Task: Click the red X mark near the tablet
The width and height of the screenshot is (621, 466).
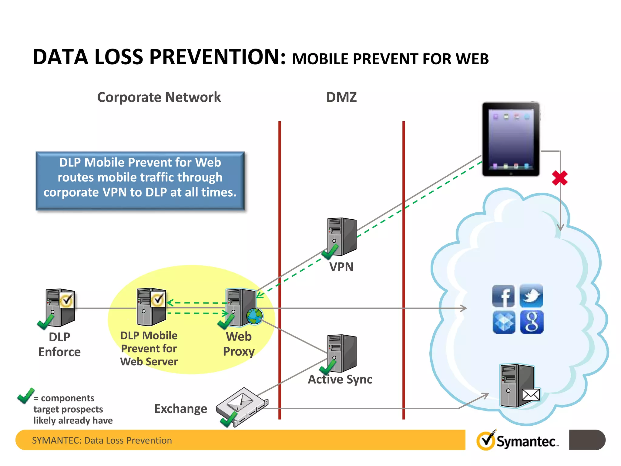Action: click(560, 178)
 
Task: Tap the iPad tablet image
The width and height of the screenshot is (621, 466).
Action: click(511, 139)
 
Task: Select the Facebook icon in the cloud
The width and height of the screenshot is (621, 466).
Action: click(503, 296)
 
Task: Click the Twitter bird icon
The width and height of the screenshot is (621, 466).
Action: click(531, 296)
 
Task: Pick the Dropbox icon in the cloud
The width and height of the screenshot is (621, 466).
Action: click(504, 322)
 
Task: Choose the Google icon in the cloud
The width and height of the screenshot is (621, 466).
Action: click(532, 322)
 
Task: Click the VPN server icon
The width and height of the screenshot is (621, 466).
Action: click(342, 237)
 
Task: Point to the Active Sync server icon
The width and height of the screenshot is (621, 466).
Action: click(342, 353)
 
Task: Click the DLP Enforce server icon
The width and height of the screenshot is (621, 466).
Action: click(60, 308)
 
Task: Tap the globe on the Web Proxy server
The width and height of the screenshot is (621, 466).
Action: click(254, 316)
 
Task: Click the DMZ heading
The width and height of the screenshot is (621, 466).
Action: click(341, 97)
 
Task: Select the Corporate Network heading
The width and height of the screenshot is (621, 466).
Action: click(159, 97)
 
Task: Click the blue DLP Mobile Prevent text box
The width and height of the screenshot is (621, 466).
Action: click(140, 181)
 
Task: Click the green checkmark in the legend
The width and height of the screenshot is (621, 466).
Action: click(26, 396)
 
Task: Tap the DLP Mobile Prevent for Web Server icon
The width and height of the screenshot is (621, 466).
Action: click(151, 307)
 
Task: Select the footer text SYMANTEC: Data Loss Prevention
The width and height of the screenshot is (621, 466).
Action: click(102, 440)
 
